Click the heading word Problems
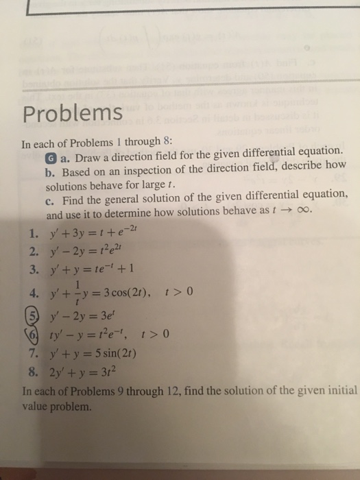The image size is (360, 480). (72, 113)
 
